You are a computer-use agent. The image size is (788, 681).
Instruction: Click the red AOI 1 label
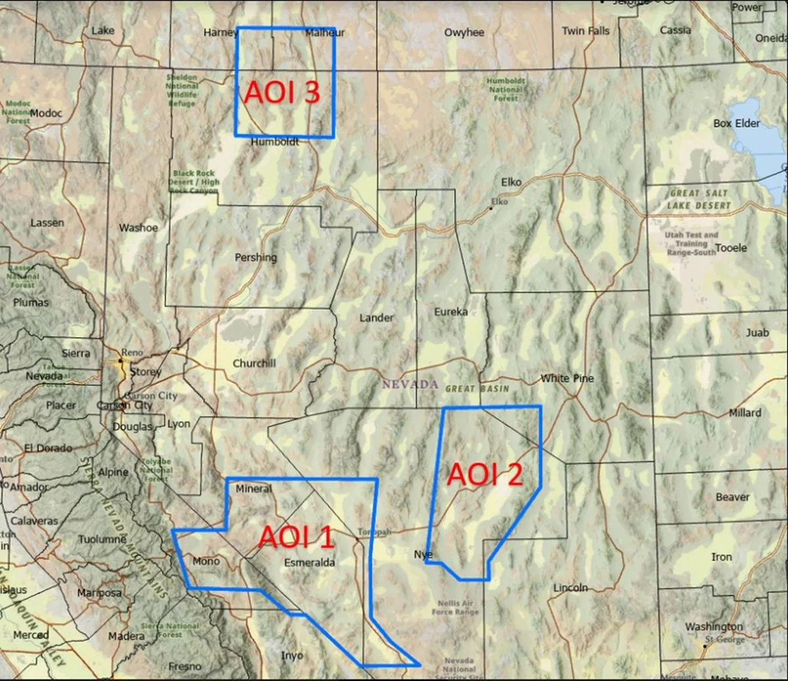[296, 537]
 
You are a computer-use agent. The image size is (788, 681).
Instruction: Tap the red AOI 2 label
[485, 474]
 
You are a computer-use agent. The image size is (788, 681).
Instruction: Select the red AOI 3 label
[282, 93]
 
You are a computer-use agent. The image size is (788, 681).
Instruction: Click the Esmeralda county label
[309, 562]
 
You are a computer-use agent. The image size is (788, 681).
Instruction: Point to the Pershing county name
[255, 257]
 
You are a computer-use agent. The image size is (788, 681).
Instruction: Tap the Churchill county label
[254, 363]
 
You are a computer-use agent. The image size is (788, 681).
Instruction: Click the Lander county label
[376, 318]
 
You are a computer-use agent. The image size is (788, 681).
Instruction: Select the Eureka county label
[450, 312]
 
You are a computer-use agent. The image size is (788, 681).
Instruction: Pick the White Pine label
[567, 378]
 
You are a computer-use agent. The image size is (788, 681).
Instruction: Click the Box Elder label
[736, 123]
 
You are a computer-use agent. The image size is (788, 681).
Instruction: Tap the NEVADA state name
[410, 384]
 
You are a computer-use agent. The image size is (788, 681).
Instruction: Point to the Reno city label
[132, 352]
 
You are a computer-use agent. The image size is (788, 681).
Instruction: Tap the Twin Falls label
[586, 30]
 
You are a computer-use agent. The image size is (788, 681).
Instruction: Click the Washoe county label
[138, 228]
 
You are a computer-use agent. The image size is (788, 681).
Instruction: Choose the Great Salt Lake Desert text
[699, 199]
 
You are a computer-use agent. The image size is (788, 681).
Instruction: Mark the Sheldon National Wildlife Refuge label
[181, 90]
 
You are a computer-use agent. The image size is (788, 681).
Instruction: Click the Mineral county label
[253, 489]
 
